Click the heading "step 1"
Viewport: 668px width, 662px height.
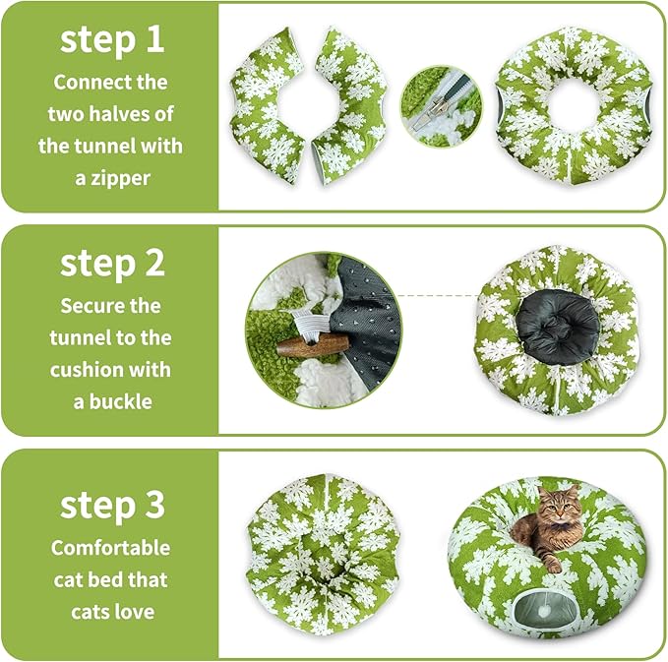point(112,39)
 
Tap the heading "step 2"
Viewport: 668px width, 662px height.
point(112,264)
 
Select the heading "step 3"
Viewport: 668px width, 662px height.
point(112,506)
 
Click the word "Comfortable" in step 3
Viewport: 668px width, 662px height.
point(110,548)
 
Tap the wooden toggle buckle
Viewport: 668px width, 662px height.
point(314,344)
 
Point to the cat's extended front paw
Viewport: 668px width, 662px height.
point(553,565)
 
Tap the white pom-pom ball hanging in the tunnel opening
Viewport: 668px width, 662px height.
point(542,612)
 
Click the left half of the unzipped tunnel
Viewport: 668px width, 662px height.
point(269,105)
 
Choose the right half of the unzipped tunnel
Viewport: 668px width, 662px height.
point(350,106)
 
